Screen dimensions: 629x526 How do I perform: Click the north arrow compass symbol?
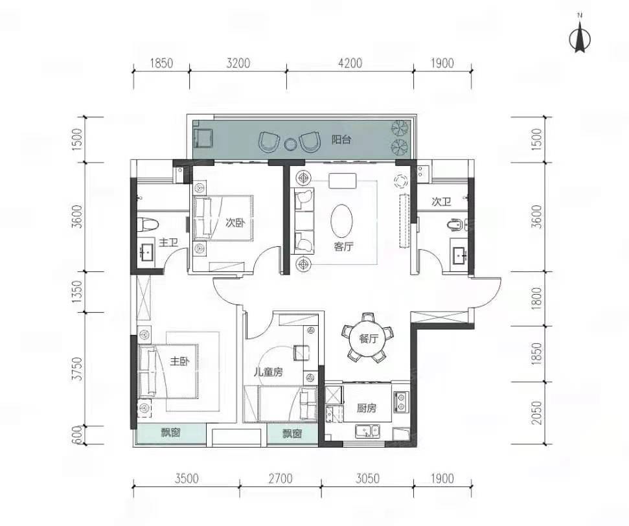pyautogui.click(x=580, y=39)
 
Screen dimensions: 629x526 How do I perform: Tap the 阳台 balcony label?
pyautogui.click(x=341, y=140)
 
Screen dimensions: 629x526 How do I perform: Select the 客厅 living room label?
pyautogui.click(x=344, y=246)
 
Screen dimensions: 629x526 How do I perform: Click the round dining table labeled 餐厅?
pyautogui.click(x=368, y=338)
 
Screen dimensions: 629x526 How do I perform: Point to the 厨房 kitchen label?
pyautogui.click(x=367, y=408)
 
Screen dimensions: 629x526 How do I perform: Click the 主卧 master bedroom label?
pyautogui.click(x=179, y=361)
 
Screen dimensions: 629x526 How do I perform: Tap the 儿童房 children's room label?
pyautogui.click(x=268, y=372)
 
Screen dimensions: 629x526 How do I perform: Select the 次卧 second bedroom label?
pyautogui.click(x=236, y=223)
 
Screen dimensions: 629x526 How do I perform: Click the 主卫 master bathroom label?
pyautogui.click(x=168, y=243)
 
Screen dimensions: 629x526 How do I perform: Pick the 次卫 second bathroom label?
pyautogui.click(x=441, y=201)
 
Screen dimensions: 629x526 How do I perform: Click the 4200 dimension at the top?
pyautogui.click(x=350, y=63)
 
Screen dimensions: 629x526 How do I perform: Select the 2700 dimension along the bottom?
pyautogui.click(x=280, y=478)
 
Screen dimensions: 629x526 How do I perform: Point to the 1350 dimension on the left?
pyautogui.click(x=78, y=292)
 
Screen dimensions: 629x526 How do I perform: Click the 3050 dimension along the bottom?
pyautogui.click(x=367, y=478)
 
